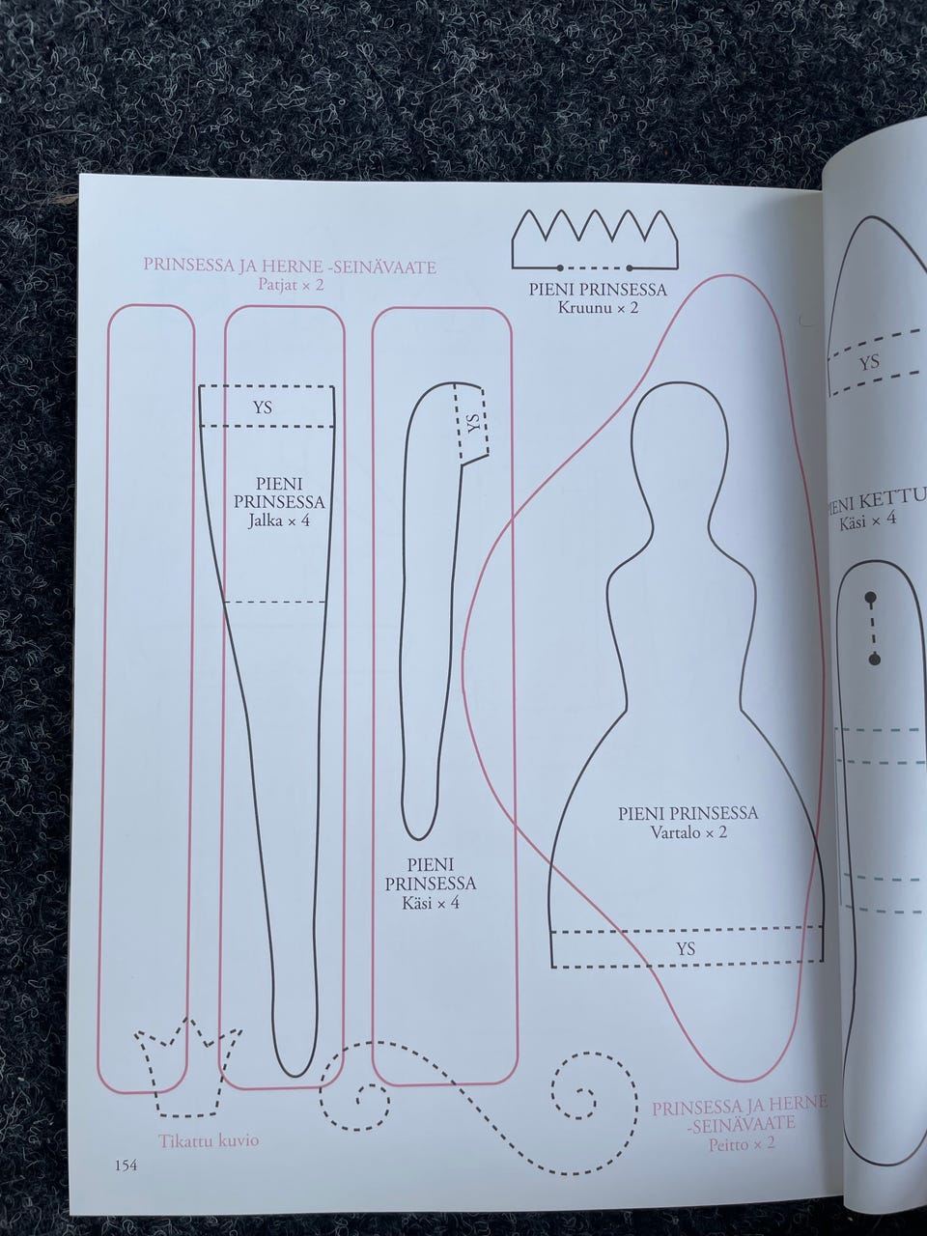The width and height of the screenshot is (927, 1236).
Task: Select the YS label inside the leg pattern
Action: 263,407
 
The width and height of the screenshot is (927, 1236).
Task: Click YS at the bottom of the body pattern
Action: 686,949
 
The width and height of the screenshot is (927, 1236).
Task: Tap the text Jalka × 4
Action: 279,520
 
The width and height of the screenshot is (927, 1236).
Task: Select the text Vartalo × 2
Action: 688,831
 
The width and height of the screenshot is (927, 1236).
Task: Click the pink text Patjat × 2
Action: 291,284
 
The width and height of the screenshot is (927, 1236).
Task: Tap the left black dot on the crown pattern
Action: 561,267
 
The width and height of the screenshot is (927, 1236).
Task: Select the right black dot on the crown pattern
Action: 630,267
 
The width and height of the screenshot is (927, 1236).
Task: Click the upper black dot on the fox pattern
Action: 870,596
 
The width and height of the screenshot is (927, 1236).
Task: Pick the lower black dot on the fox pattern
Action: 874,660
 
